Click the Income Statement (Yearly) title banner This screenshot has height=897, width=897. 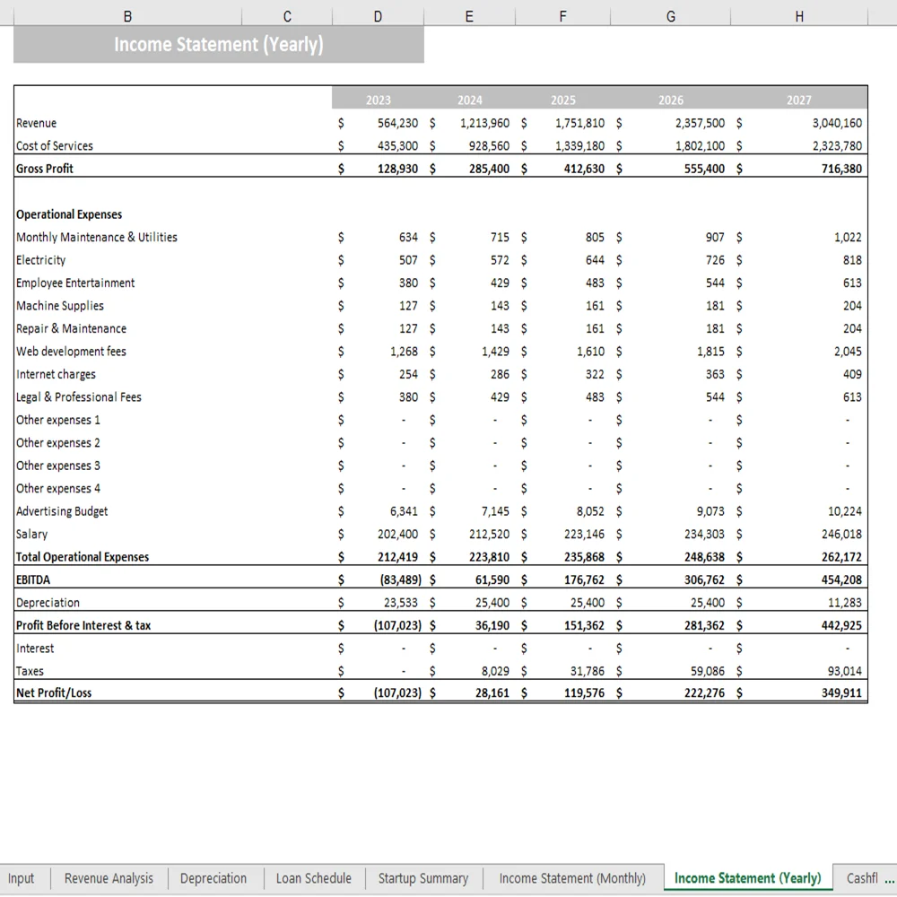218,45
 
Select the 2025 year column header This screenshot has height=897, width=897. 563,100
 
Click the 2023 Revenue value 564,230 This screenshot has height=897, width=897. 397,124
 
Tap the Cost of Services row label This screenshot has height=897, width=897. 55,146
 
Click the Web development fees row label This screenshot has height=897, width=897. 72,352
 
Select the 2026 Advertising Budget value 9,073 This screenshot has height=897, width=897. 704,511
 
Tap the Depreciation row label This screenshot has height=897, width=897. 48,603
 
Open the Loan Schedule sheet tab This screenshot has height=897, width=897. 313,878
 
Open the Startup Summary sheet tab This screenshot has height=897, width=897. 422,878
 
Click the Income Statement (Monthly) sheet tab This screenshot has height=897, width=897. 572,878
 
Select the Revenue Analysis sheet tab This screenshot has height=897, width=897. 109,878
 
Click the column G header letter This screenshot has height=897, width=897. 671,16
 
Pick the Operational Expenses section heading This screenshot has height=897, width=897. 69,215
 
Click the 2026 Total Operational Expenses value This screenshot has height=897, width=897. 704,557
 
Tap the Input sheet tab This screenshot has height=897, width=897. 21,878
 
